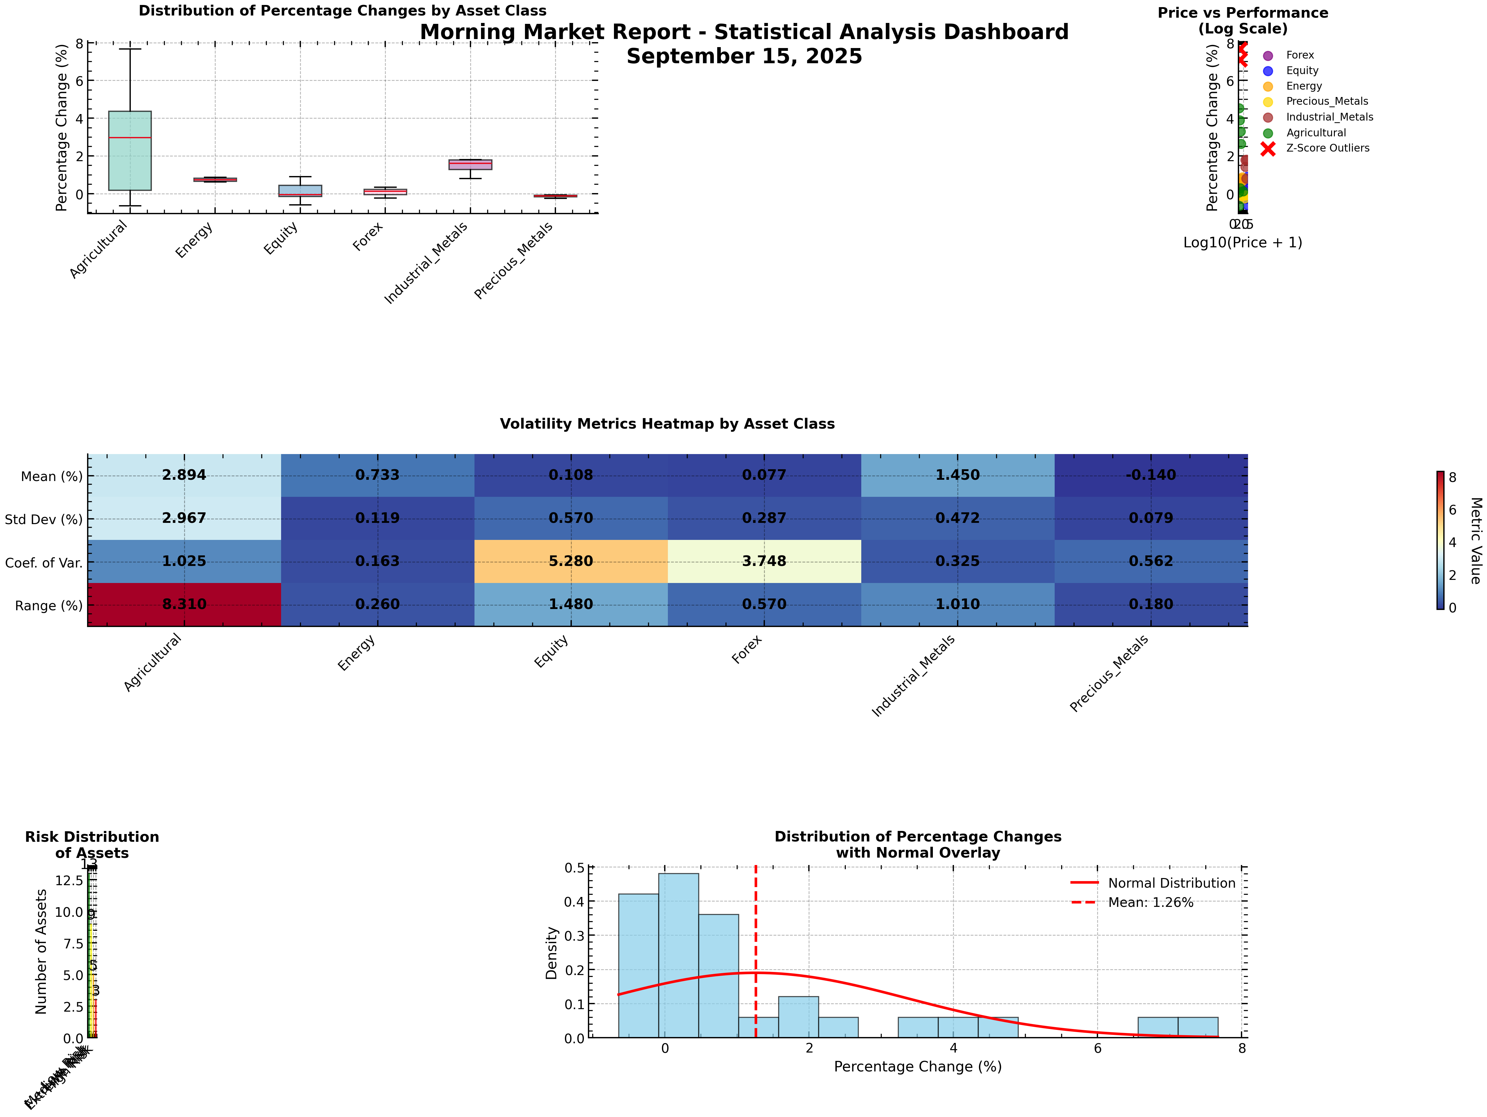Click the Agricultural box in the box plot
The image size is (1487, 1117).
point(130,151)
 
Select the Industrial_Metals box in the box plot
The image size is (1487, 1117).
point(470,165)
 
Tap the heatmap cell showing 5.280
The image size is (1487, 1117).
point(571,561)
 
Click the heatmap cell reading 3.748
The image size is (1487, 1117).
point(764,561)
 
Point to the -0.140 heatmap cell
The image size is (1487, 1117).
point(1151,475)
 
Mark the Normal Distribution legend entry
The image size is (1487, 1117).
point(1171,883)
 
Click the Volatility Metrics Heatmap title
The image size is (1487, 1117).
point(667,424)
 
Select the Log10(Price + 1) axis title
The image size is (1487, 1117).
point(1242,243)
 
